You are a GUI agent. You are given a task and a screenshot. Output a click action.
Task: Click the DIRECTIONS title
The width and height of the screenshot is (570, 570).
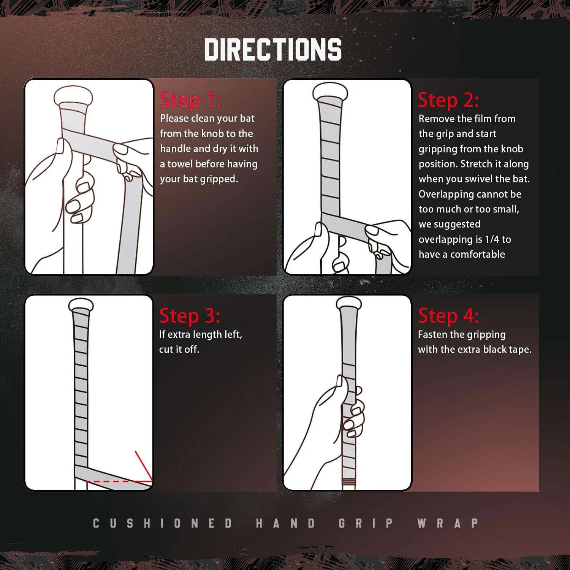273,50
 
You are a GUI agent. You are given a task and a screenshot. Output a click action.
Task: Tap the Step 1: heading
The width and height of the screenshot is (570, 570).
190,100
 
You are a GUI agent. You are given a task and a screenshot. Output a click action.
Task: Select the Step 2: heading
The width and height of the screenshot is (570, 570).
448,100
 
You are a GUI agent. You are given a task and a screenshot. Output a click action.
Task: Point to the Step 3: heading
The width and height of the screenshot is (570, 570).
190,316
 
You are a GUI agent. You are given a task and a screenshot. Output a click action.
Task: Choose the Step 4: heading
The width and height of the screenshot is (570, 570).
448,316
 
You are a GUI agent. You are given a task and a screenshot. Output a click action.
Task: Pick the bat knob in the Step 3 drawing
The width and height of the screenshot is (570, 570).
81,305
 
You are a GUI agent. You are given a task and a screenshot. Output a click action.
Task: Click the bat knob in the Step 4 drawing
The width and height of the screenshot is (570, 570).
349,303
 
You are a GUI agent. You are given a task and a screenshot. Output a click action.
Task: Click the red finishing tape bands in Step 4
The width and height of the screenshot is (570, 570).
348,482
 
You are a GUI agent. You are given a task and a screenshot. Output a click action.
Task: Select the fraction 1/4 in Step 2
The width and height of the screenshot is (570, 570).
492,239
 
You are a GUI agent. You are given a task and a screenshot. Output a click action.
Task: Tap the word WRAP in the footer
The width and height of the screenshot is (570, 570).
447,523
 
